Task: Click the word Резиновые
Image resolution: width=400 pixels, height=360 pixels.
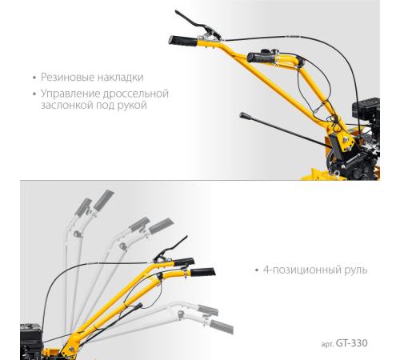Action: pos(68,78)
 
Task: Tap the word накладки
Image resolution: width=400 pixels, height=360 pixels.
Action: pos(121,78)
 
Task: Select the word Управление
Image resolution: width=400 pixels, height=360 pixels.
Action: pos(70,94)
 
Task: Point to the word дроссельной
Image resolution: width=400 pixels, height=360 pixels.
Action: pos(136,94)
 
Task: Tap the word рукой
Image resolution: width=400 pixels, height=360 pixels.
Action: pos(133,105)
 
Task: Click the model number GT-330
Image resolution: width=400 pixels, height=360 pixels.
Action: pos(351,343)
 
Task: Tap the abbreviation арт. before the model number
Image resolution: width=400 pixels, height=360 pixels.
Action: pos(327,344)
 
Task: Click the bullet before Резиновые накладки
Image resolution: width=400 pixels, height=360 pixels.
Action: pos(34,78)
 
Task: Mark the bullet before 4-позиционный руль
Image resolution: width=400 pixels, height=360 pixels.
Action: pos(257,270)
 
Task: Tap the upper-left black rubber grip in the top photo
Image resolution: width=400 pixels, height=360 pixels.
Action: pos(183,41)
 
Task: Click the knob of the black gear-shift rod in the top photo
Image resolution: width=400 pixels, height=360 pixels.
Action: pos(243,115)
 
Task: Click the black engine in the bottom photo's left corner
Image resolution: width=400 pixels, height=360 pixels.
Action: pos(31,341)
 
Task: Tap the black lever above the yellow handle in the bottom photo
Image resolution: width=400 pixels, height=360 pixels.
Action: pos(170,250)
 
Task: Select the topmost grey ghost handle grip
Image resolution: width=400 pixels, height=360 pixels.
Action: pos(104,199)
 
